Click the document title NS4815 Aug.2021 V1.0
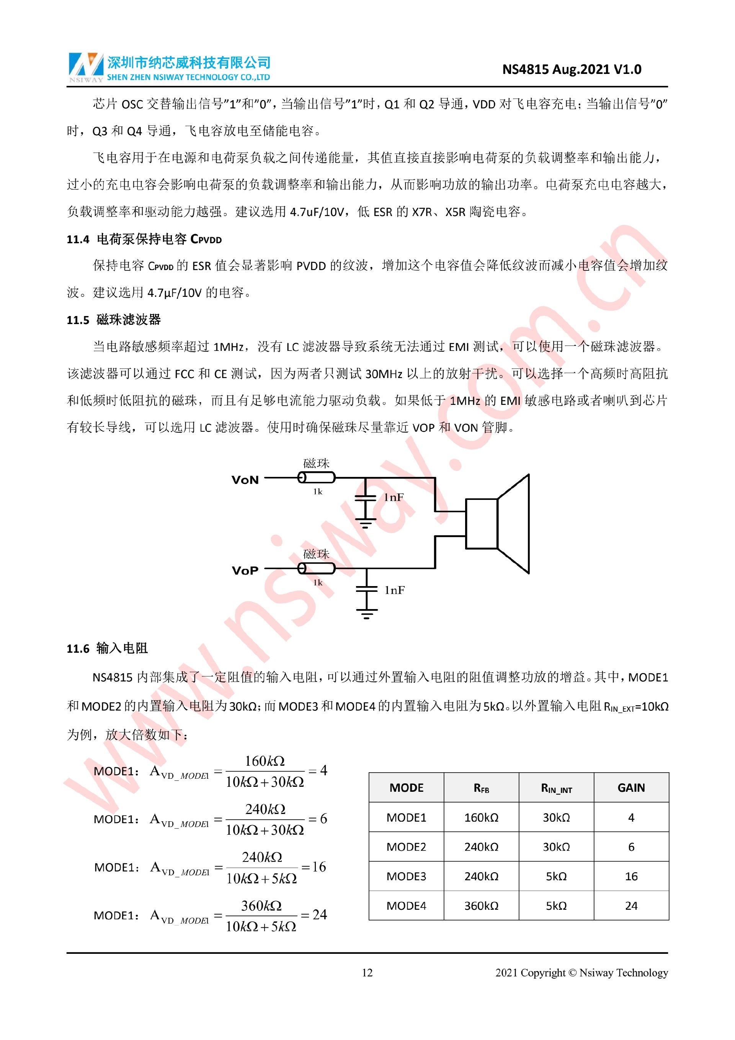point(571,69)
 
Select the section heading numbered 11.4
point(144,239)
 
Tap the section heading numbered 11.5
point(114,320)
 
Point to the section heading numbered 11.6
point(107,648)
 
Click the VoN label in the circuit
point(245,480)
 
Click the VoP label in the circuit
point(245,570)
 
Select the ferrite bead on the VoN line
point(316,477)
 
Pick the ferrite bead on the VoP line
point(316,568)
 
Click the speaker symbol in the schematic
point(498,524)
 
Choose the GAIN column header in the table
point(631,788)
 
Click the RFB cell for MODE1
point(481,817)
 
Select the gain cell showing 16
point(631,876)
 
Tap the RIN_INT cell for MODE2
point(556,847)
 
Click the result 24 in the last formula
point(320,914)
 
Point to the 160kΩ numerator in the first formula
point(265,761)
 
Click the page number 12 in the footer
point(367,973)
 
